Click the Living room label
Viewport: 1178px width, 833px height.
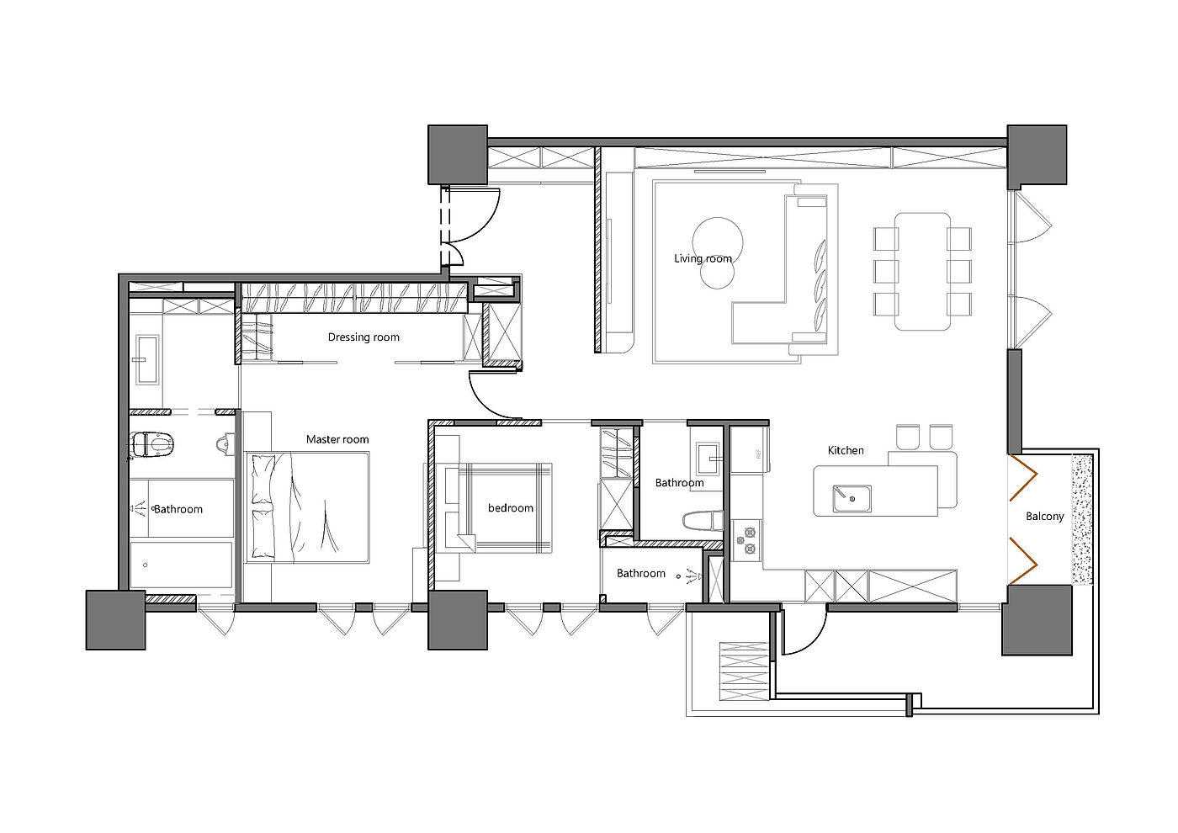coord(703,259)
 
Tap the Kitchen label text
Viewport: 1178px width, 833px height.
coord(846,450)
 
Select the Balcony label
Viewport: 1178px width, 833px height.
coord(1044,517)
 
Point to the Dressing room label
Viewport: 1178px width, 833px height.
coord(363,337)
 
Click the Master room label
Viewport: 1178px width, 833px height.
coord(337,439)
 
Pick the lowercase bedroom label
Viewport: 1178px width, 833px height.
coord(510,508)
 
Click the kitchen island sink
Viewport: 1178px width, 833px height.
coord(852,498)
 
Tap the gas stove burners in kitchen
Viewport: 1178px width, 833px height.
coord(746,540)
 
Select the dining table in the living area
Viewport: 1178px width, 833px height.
coord(922,271)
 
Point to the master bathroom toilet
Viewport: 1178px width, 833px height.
coord(151,444)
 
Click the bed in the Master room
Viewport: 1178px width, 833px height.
coord(308,507)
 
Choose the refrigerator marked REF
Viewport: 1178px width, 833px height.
coord(751,450)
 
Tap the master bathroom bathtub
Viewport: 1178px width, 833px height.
coord(181,565)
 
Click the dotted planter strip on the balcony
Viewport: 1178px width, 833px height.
coord(1082,520)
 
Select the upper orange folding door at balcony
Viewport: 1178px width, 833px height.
coord(1023,477)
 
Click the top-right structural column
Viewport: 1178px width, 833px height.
coord(1037,156)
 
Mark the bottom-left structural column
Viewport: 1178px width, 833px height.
coord(116,620)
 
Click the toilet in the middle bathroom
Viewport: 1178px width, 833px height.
coord(702,521)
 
